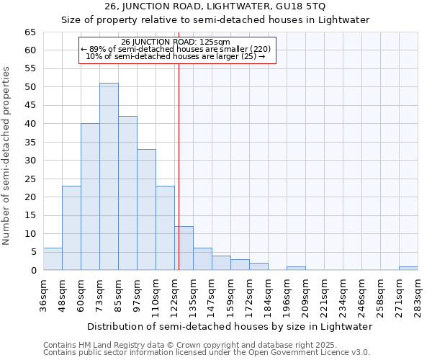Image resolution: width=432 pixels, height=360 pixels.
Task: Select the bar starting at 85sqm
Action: [127, 193]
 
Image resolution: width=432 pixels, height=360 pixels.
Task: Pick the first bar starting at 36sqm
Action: [53, 259]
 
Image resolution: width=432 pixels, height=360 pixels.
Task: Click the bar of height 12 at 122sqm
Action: [184, 248]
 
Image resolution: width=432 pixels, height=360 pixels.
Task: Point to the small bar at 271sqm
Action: [408, 269]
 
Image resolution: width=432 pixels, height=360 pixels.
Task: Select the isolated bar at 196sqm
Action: [296, 269]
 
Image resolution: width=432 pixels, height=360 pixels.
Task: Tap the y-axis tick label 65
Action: [30, 32]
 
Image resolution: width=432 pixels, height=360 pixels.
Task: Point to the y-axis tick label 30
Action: [30, 161]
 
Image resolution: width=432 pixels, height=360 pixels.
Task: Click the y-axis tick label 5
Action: [32, 252]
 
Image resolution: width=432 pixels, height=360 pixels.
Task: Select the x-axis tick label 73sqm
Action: [100, 294]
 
